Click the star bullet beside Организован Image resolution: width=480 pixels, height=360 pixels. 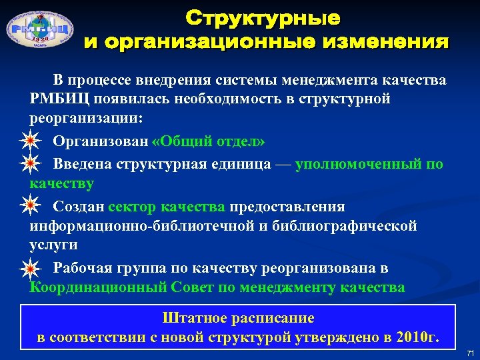(29, 141)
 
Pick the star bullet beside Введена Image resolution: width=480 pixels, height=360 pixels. (29, 163)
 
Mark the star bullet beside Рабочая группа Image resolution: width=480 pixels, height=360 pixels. (29, 269)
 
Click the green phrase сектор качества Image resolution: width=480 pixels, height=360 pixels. (167, 206)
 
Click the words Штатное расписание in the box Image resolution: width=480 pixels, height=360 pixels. (238, 318)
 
